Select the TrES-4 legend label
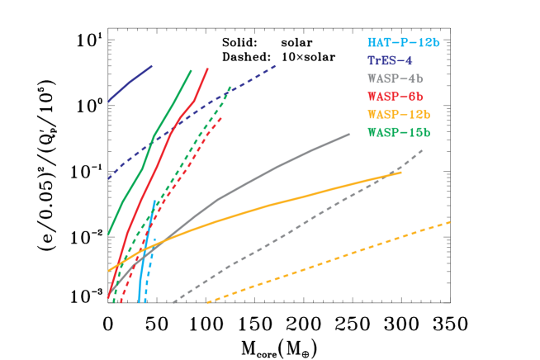tap(390, 61)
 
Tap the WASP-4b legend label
tap(396, 79)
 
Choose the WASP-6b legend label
tap(396, 97)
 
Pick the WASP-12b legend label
tap(399, 115)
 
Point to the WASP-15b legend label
tap(399, 132)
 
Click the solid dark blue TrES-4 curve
tap(130, 83)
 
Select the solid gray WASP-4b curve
tap(272, 168)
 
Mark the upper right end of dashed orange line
tap(450, 221)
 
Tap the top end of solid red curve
tap(207, 69)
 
